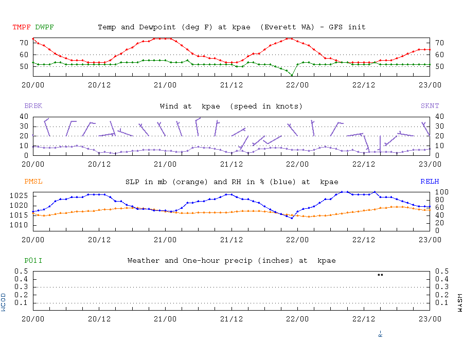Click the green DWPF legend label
[44, 27]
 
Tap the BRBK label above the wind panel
[33, 106]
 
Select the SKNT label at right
[430, 106]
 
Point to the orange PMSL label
[33, 182]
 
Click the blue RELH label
[430, 182]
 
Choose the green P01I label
[33, 261]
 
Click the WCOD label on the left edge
[4, 302]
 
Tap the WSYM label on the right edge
[459, 302]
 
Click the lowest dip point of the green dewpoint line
[292, 76]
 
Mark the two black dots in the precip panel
[380, 275]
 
